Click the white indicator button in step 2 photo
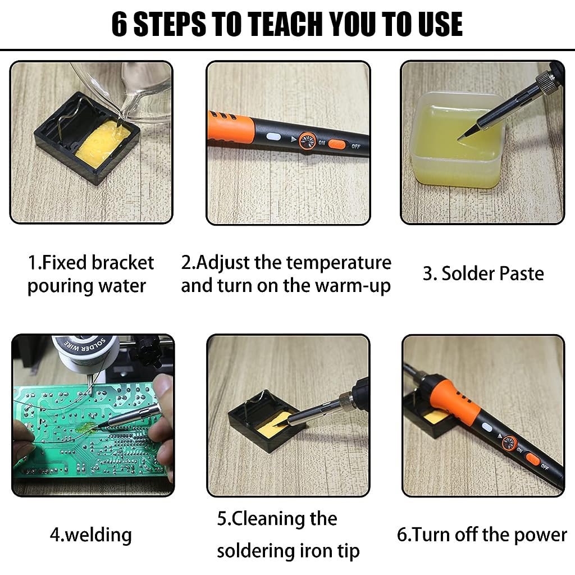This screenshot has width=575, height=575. click(x=273, y=136)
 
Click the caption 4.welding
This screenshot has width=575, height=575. click(x=90, y=535)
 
